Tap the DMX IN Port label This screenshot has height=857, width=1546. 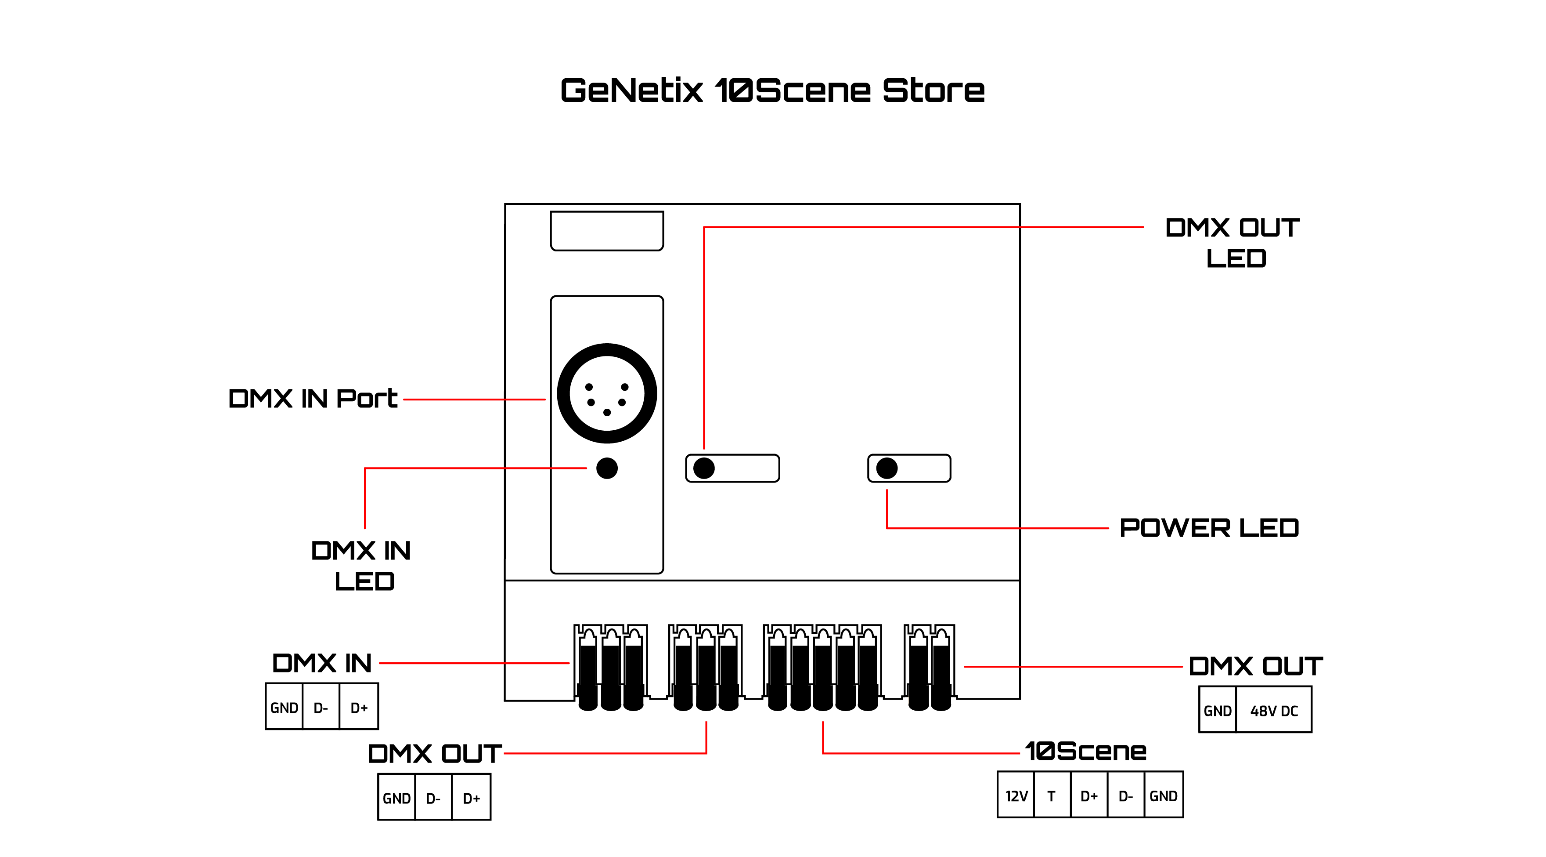(313, 399)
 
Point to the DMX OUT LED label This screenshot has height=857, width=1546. (1233, 243)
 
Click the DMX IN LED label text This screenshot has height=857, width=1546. (362, 566)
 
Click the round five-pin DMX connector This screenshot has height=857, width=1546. (607, 393)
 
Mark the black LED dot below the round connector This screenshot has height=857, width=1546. (607, 468)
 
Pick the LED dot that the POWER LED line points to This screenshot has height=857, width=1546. (887, 468)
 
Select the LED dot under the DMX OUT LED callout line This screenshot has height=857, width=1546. (704, 468)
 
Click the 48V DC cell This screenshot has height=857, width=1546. (1273, 711)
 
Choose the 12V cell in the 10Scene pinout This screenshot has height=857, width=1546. (1016, 796)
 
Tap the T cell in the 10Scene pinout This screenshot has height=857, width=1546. (1052, 796)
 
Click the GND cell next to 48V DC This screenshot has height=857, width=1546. (1217, 711)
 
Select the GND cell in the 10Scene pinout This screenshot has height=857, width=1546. (1163, 796)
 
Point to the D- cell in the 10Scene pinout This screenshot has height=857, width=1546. (1125, 796)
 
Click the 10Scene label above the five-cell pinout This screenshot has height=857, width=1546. (1086, 751)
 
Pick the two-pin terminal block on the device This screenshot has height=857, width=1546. (930, 667)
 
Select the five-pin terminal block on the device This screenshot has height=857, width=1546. (822, 667)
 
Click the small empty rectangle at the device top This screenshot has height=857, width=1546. (607, 231)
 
